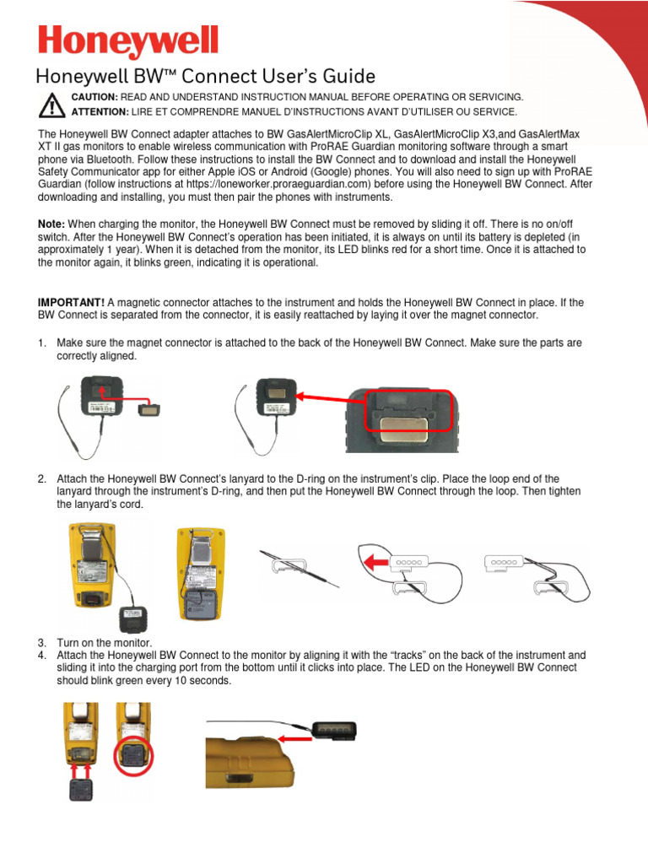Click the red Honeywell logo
coord(127,43)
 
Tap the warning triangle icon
coord(52,105)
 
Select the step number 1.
coord(40,343)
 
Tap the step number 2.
coord(40,479)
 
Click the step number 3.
coord(40,643)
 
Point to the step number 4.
coord(40,655)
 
